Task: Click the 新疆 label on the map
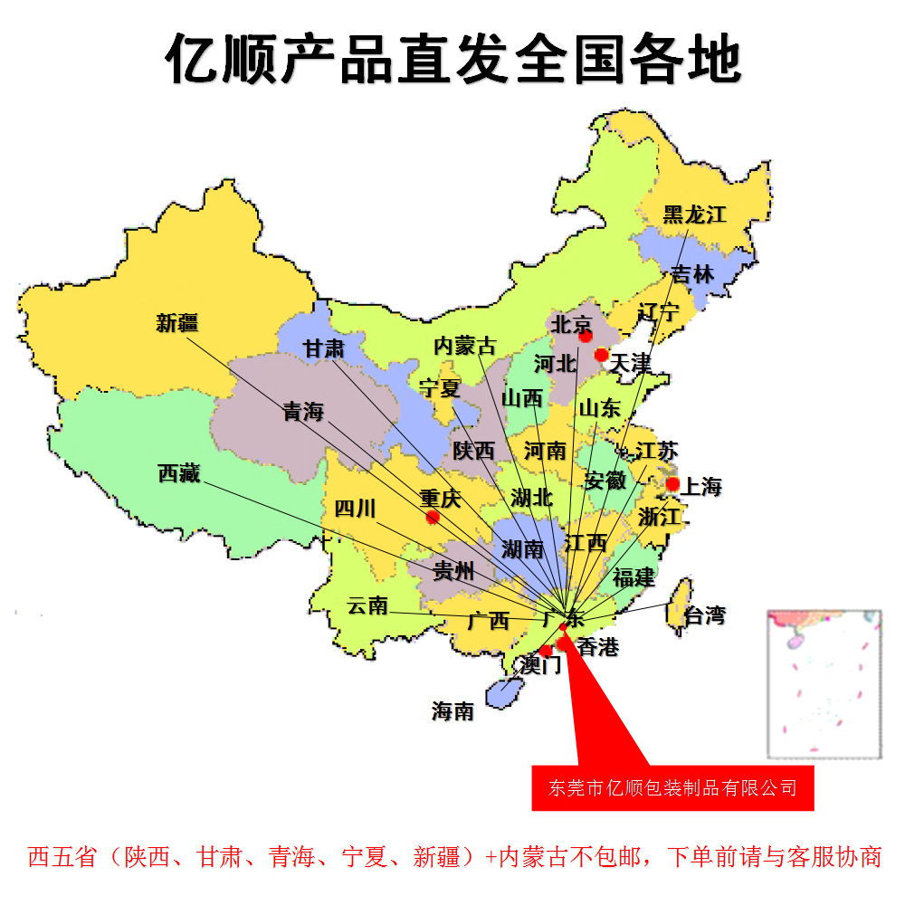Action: (x=176, y=322)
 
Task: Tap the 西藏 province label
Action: (x=178, y=472)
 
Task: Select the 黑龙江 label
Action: (x=694, y=214)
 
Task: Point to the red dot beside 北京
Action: (x=586, y=336)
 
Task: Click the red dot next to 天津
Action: (x=601, y=355)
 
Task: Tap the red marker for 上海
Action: (x=672, y=484)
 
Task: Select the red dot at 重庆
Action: (x=433, y=517)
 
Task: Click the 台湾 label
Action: (x=703, y=616)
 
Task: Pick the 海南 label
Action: (x=452, y=711)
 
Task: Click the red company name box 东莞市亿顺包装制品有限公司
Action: (x=672, y=788)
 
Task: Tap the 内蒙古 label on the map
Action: (x=464, y=345)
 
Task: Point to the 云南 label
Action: (x=367, y=605)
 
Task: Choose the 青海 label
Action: (x=303, y=411)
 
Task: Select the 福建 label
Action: (x=633, y=576)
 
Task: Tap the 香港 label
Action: (x=597, y=646)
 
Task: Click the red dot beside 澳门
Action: (x=546, y=651)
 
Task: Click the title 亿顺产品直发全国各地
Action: (x=452, y=59)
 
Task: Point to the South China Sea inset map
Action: (x=824, y=683)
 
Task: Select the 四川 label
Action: (x=355, y=508)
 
